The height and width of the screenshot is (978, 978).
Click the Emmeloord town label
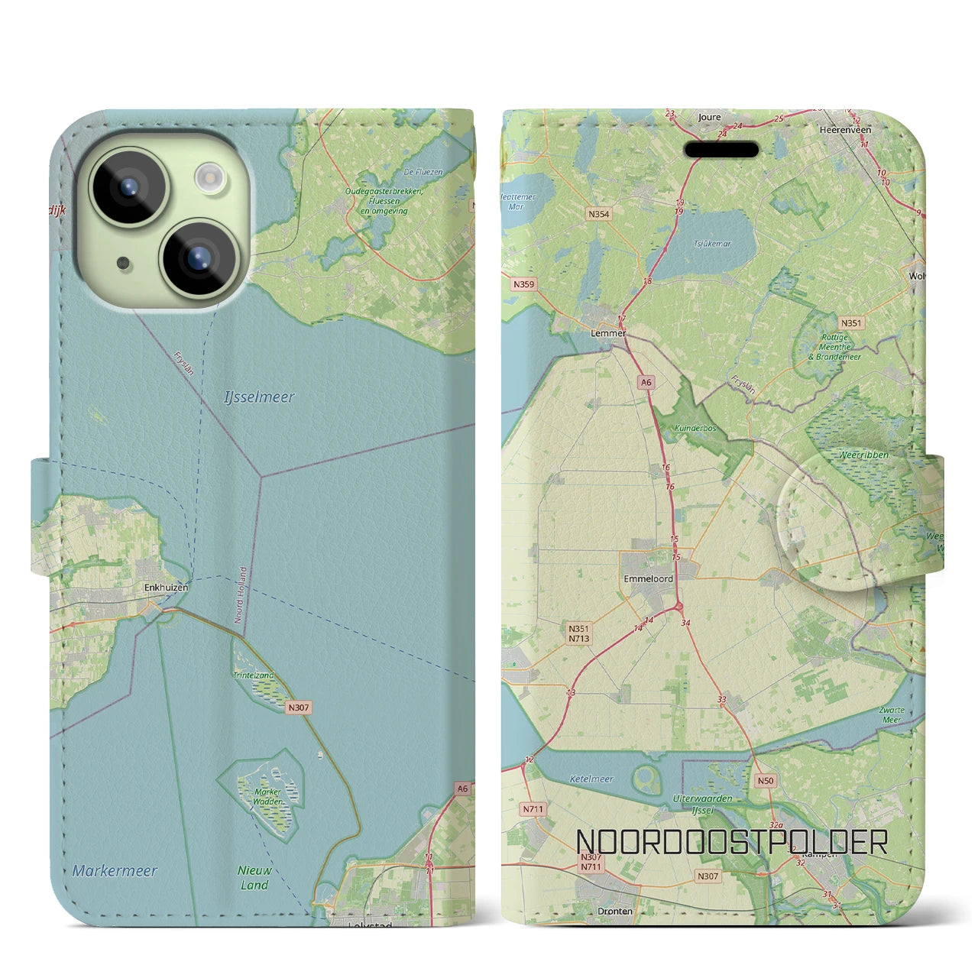click(x=648, y=578)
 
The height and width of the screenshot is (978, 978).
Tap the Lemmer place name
click(x=608, y=333)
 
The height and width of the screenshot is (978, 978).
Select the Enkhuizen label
click(x=166, y=588)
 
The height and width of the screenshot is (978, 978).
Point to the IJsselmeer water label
click(x=259, y=397)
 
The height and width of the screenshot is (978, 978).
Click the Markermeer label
click(x=115, y=870)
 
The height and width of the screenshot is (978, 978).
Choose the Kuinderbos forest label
click(x=695, y=429)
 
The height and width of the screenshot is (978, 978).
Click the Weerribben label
click(x=863, y=455)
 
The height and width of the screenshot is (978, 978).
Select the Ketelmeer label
click(x=591, y=779)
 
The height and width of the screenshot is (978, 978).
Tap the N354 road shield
click(x=599, y=214)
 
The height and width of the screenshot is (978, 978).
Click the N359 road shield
click(x=524, y=284)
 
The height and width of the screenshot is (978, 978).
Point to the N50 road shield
click(x=765, y=781)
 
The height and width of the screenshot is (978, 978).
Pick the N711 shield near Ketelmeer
click(x=533, y=808)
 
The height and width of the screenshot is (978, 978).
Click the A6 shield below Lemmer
click(x=646, y=383)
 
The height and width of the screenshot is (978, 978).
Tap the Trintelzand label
click(x=253, y=675)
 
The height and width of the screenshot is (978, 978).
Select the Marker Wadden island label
click(x=267, y=797)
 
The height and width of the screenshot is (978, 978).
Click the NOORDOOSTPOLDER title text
click(x=730, y=842)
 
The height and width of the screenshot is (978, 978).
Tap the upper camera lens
click(x=128, y=186)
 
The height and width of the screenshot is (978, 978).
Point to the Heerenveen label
click(x=845, y=130)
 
